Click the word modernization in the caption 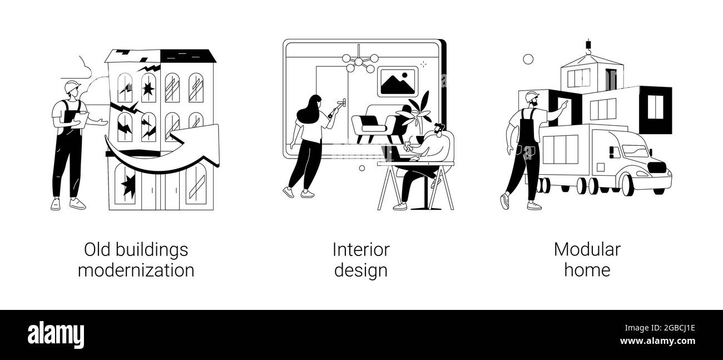point(136,270)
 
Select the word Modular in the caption point(587,249)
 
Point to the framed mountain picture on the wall point(397,82)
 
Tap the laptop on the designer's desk point(392,154)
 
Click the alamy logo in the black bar point(56,335)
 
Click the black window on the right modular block point(655,107)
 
